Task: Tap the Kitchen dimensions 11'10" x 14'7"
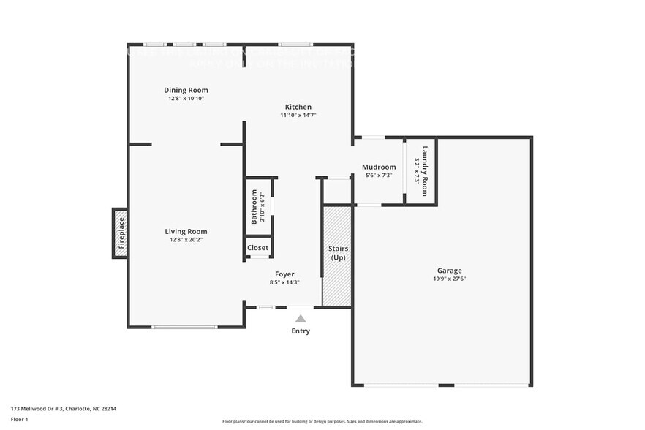(298, 115)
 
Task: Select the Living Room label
(185, 231)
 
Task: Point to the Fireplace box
(120, 233)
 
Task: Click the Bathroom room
(258, 207)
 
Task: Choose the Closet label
(257, 248)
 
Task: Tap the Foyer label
(284, 274)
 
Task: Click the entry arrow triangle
(301, 318)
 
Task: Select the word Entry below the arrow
(301, 331)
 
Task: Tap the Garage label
(450, 269)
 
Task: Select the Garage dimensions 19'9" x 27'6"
(450, 278)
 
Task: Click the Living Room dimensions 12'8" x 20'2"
(185, 239)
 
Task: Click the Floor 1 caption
(20, 420)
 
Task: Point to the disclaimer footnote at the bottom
(322, 422)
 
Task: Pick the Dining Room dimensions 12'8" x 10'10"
(185, 98)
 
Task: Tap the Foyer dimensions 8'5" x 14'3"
(284, 282)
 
